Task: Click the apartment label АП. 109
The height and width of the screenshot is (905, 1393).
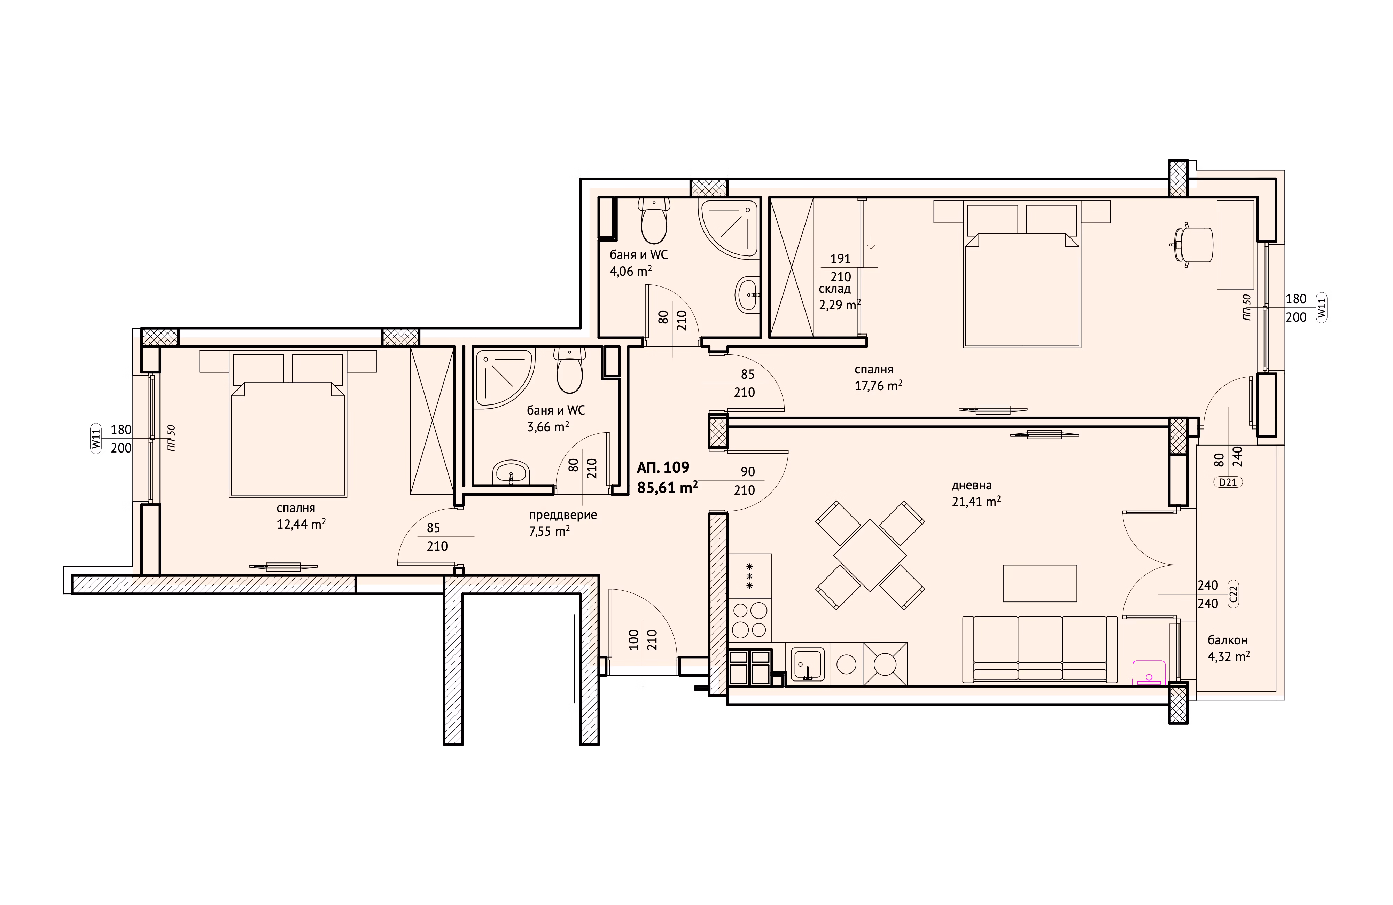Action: (663, 467)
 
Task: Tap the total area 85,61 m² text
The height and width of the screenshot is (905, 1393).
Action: (667, 487)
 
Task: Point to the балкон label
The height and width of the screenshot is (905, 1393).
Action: (1227, 640)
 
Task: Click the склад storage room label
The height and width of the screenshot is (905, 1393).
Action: (835, 289)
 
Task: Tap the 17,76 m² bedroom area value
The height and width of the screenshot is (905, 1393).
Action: (878, 386)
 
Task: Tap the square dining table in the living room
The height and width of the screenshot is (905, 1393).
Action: (870, 554)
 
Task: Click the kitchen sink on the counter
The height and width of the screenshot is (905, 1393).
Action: (808, 664)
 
